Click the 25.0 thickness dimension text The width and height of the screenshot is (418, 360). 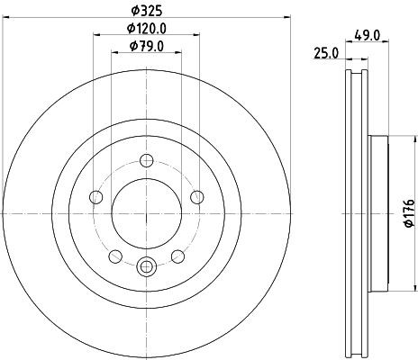tap(326, 53)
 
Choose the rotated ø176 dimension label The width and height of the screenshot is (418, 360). tap(407, 212)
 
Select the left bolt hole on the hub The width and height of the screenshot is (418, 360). tap(96, 199)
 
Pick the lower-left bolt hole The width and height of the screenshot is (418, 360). tap(116, 258)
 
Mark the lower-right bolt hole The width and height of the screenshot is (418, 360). tap(178, 258)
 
